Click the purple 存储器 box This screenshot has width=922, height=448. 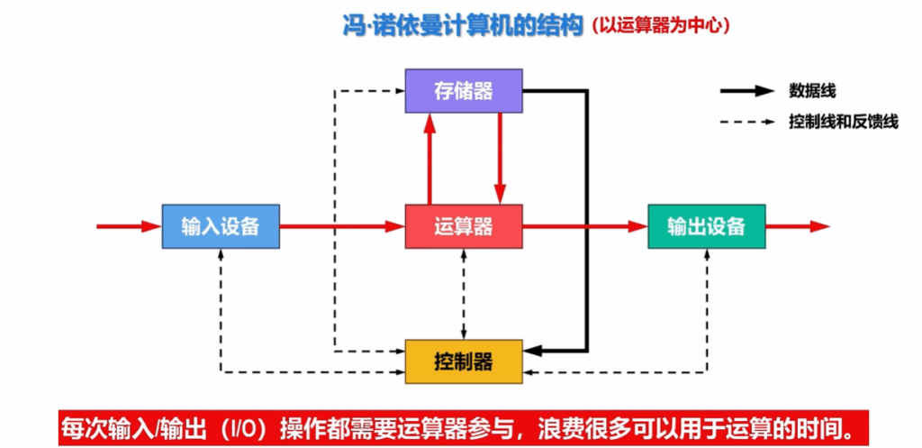464,91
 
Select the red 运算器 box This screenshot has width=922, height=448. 464,226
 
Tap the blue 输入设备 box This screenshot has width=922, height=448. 221,226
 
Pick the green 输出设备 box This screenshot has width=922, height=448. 706,226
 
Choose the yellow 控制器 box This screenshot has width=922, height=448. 464,361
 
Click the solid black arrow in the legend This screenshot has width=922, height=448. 746,91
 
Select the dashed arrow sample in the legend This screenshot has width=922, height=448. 746,123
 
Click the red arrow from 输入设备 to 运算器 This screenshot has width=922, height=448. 342,226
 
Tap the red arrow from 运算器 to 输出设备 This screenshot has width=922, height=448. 585,226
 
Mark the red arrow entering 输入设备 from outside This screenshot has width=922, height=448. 130,226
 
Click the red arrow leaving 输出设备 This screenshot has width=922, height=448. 798,226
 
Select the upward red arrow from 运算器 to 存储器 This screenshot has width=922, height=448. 429,159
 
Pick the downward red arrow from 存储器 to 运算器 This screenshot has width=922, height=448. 500,159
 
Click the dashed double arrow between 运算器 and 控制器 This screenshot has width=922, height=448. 464,294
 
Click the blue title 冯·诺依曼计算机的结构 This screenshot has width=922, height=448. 463,26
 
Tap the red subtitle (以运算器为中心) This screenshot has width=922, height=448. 661,26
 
